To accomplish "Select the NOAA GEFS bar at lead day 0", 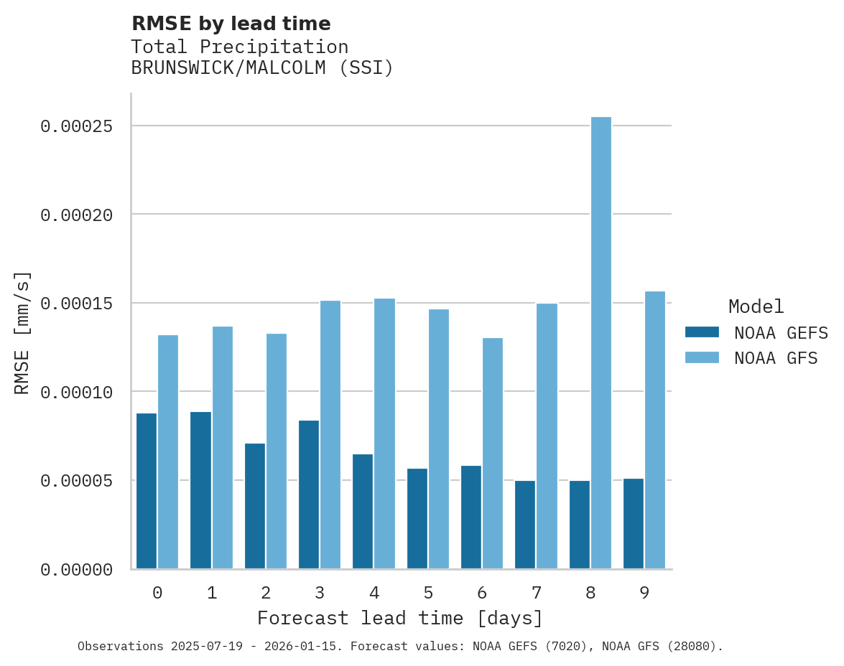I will click(147, 491).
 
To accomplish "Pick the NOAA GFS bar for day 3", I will click(330, 434).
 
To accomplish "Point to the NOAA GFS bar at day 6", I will click(493, 453).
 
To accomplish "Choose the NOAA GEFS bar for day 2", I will click(255, 506).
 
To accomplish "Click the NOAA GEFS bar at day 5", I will click(417, 518).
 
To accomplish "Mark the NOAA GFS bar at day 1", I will click(222, 447).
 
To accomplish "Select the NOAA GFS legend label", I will click(776, 357).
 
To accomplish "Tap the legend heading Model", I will click(756, 306).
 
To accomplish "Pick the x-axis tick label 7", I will click(536, 593).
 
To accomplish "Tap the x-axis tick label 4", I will click(374, 593).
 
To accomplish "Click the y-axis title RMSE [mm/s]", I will click(22, 332).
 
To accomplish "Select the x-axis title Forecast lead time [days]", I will click(400, 618).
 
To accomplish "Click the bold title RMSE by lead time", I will click(231, 24).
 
